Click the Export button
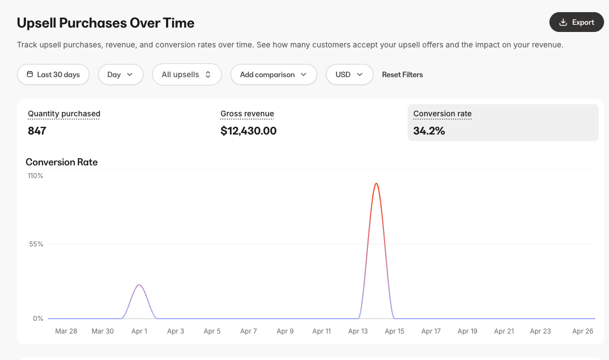576,22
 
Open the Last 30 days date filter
53,74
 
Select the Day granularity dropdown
120,74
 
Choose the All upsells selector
186,74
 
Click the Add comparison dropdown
273,74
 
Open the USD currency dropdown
349,74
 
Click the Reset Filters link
402,74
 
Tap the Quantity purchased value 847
37,131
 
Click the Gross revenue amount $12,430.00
248,131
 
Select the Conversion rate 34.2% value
429,131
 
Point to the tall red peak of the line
376,184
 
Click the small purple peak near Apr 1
139,285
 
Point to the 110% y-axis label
35,176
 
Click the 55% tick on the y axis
36,244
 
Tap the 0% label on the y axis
38,319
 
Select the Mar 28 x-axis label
66,331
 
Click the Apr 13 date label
358,331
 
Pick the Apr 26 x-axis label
583,331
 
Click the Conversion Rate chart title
62,162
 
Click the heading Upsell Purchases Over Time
105,23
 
